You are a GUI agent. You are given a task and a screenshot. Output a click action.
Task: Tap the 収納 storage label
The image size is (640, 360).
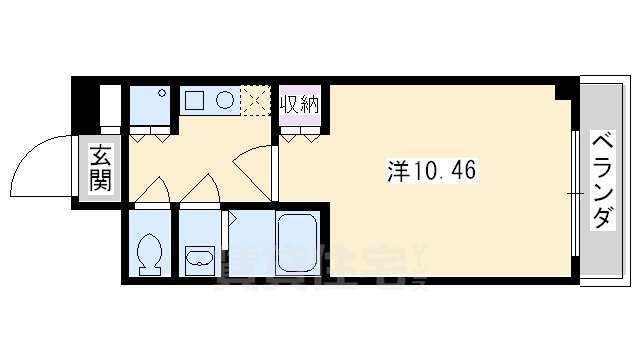pyautogui.click(x=299, y=104)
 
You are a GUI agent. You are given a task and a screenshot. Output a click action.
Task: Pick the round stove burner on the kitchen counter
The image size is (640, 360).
pyautogui.click(x=226, y=100)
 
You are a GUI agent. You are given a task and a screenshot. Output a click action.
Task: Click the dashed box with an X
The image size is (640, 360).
pyautogui.click(x=257, y=100)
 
